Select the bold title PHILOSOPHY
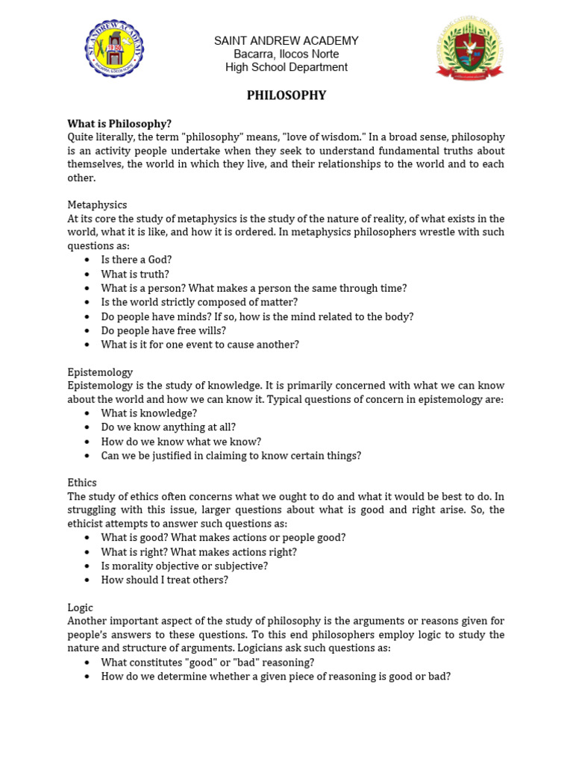coord(286,95)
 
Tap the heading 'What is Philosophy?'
coord(119,124)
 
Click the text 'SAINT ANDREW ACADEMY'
coord(286,41)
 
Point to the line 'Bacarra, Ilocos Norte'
coord(286,54)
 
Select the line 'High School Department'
coord(286,68)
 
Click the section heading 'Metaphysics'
coord(97,204)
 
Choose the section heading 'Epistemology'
coord(100,372)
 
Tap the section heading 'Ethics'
coord(82,483)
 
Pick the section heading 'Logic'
coord(81,608)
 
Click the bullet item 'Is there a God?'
coord(137,260)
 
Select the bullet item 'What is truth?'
coord(135,274)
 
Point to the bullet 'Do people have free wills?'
coord(163,331)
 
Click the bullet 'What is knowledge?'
coord(149,413)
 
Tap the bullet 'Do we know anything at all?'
coord(169,428)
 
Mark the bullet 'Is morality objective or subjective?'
coord(184,566)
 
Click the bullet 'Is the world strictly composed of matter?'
coord(199,302)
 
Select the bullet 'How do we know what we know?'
coord(181,442)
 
